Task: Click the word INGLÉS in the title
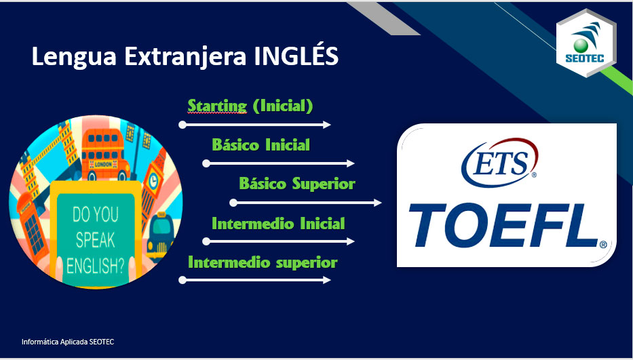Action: tap(296, 56)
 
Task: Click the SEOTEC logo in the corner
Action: tap(586, 43)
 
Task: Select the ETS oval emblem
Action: tap(500, 163)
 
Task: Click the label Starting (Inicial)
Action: tap(250, 106)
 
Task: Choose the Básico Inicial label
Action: tap(261, 144)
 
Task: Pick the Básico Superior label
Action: tap(297, 184)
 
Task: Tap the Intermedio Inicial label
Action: tap(278, 223)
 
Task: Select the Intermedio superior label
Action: tap(263, 262)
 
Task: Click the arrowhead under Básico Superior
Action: tap(377, 203)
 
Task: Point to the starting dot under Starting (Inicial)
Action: tap(183, 125)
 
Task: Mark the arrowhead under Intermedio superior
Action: tap(326, 280)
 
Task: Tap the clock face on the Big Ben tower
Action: tap(153, 181)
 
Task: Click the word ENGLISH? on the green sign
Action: tap(96, 266)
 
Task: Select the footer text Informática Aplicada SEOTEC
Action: tap(68, 342)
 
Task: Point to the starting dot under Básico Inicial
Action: tap(206, 163)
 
